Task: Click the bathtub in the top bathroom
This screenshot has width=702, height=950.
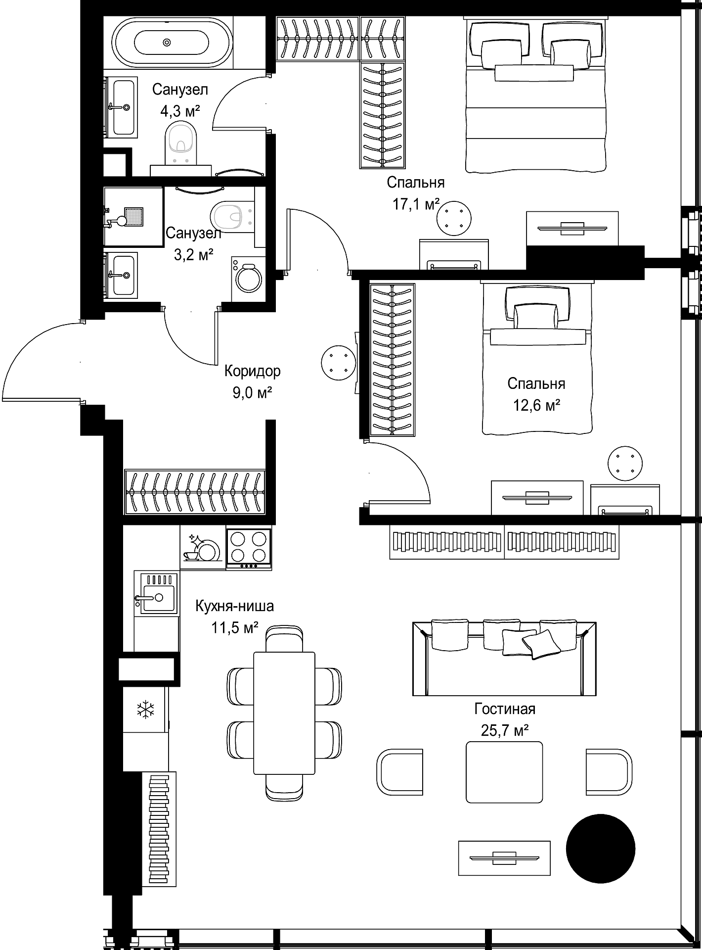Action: pyautogui.click(x=167, y=43)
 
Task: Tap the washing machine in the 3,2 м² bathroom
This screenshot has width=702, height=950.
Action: pyautogui.click(x=249, y=279)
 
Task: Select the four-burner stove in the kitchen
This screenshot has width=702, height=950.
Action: pyautogui.click(x=249, y=549)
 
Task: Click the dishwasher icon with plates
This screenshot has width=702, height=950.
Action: pyautogui.click(x=203, y=548)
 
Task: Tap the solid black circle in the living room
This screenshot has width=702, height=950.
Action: pyautogui.click(x=600, y=849)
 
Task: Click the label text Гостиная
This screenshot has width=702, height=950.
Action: pyautogui.click(x=505, y=709)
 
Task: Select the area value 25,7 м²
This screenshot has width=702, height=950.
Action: pyautogui.click(x=505, y=730)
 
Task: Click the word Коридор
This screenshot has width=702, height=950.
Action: pyautogui.click(x=252, y=371)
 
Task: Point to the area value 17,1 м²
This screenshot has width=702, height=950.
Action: pyautogui.click(x=416, y=204)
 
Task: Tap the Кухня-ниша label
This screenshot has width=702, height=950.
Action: pyautogui.click(x=234, y=606)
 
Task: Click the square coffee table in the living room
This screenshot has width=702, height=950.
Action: pyautogui.click(x=504, y=772)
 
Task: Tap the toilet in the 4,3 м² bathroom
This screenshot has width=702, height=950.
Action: pyautogui.click(x=182, y=143)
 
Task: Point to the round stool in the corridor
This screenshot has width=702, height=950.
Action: pyautogui.click(x=338, y=363)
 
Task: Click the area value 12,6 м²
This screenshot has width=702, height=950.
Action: pyautogui.click(x=536, y=406)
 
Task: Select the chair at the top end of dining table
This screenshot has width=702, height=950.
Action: pyautogui.click(x=284, y=638)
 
